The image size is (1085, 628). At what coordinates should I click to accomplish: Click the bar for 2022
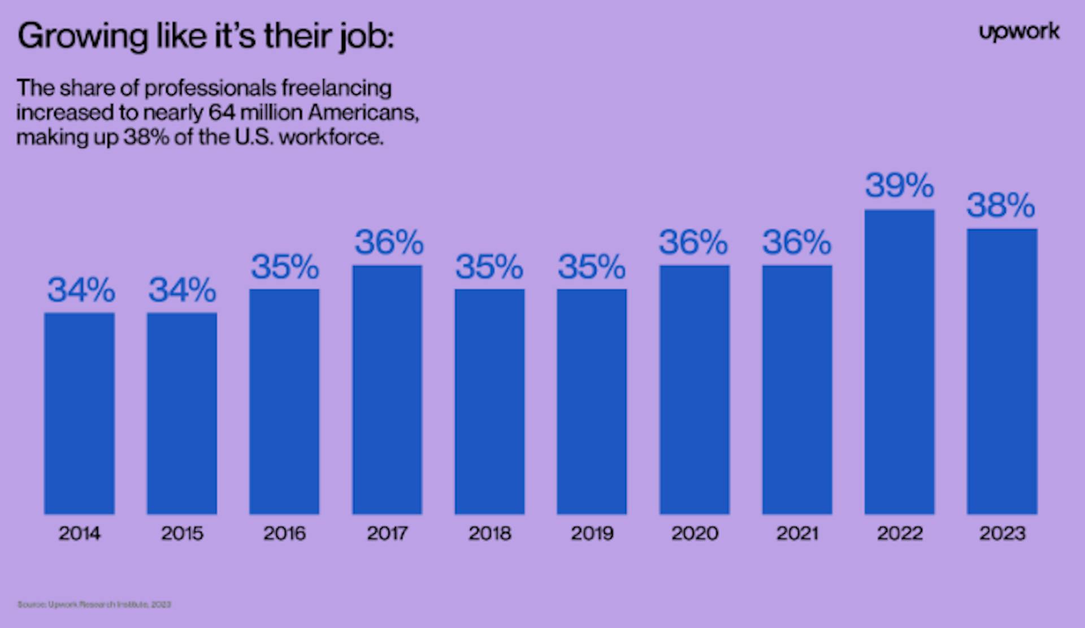point(899,361)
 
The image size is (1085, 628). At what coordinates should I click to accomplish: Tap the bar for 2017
point(387,390)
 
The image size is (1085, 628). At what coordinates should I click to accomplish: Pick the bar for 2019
point(592,402)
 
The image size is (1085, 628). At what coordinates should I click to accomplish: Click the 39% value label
point(899,186)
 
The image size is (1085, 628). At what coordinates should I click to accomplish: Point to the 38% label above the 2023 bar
point(1001,205)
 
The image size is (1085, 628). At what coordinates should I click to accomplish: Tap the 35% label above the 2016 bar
point(285,267)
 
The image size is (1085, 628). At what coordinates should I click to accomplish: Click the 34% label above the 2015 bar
point(182,290)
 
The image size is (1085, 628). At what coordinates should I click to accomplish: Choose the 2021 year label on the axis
point(797,533)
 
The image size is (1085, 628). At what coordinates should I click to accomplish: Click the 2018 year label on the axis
point(489,533)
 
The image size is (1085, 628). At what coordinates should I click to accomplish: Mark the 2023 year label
point(1002,533)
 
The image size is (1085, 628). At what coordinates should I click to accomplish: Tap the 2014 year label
point(79,533)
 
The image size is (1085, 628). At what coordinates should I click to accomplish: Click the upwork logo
point(1019,33)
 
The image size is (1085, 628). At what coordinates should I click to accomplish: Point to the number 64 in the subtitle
point(222,113)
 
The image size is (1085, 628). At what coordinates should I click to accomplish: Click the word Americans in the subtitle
point(363,113)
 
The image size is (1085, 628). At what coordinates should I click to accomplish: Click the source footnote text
point(94,604)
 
